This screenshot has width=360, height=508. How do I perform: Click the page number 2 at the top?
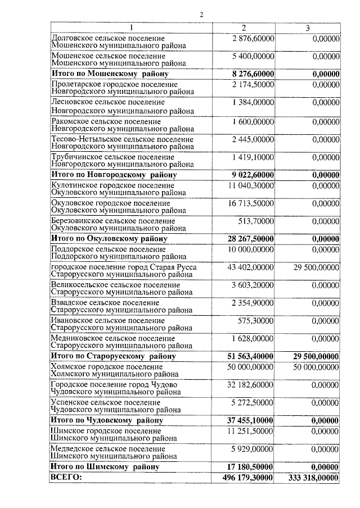200,15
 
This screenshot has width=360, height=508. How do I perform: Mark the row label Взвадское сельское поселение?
105,303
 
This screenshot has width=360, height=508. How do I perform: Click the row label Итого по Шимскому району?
105,466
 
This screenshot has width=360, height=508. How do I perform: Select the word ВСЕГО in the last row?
66,477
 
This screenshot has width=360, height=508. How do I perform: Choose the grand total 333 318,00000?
313,477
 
